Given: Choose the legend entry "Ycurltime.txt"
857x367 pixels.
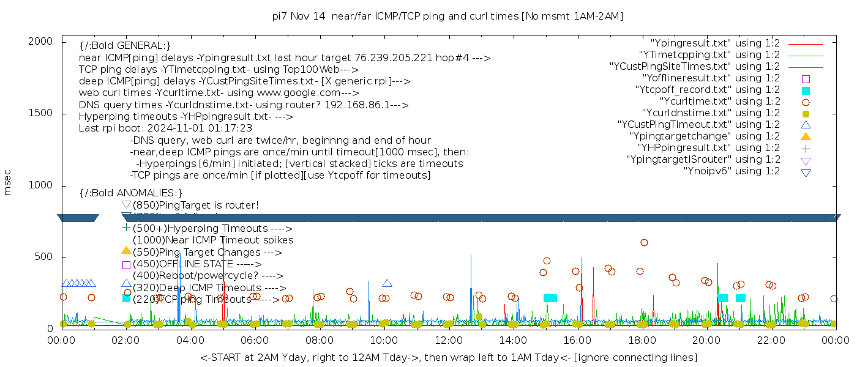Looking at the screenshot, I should [x=720, y=102].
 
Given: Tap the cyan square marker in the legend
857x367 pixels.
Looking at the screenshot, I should [x=806, y=90].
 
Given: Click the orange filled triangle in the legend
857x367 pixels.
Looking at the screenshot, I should [x=806, y=136].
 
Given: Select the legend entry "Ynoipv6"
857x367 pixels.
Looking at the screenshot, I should [x=732, y=171].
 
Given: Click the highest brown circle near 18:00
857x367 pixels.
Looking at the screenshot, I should [x=644, y=242].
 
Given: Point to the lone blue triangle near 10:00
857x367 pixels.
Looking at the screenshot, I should [x=387, y=283].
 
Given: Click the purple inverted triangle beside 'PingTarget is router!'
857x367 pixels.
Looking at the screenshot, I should [x=126, y=204].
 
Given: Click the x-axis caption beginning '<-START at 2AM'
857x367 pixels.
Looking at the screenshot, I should [x=448, y=357].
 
